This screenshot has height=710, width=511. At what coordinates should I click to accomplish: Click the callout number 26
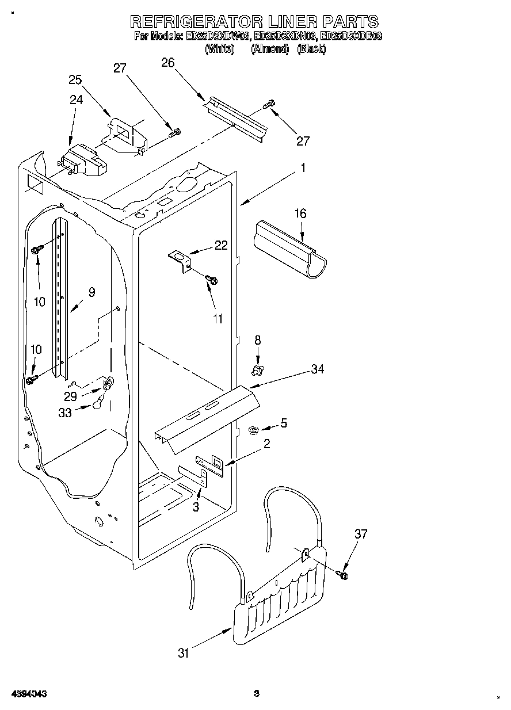pos(167,63)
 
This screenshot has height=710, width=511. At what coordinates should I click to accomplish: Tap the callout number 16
pos(300,213)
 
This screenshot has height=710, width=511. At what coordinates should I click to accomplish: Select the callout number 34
pos(318,369)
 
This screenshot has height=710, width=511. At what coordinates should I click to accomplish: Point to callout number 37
pos(361,534)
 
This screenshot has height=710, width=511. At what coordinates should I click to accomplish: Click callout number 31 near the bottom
pos(184,652)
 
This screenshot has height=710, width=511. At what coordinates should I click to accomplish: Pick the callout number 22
pos(221,245)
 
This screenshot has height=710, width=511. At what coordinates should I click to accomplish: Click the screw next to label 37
pos(344,574)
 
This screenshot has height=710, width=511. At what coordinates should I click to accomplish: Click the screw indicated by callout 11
pos(211,280)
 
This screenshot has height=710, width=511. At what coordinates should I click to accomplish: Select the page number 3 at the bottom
pos(257,694)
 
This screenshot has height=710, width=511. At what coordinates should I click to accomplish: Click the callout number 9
pos(91,292)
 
